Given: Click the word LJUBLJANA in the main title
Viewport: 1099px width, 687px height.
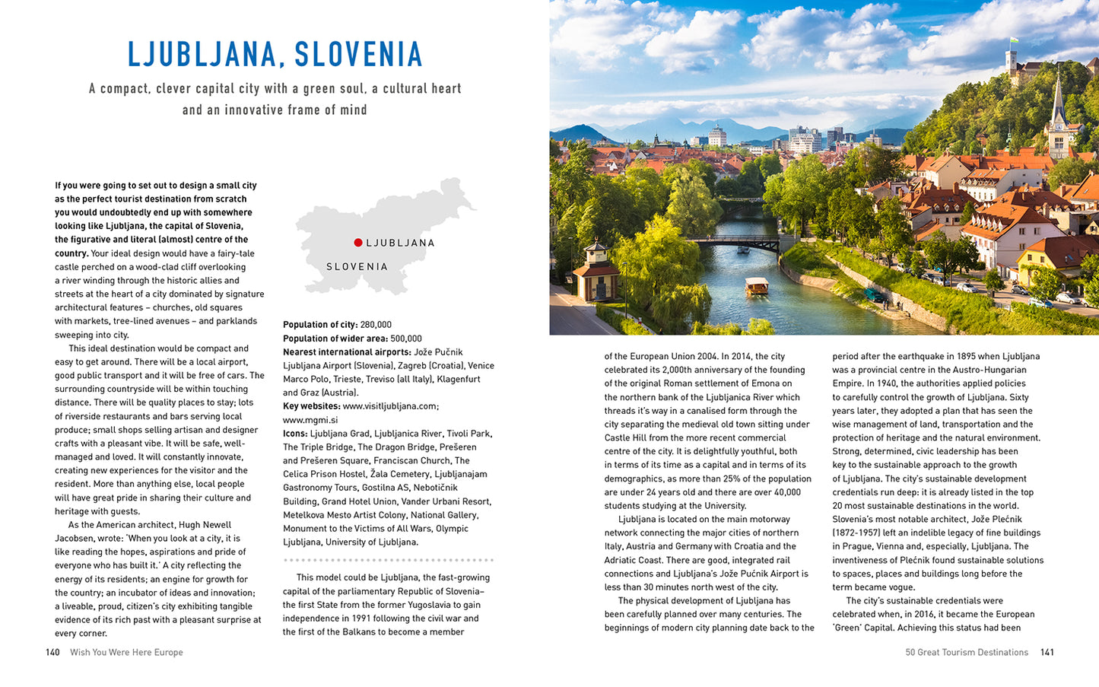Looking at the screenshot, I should coord(200,55).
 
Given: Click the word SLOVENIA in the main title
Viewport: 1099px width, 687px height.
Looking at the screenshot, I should coord(358,55).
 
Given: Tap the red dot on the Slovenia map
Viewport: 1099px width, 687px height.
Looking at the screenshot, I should coord(357,243).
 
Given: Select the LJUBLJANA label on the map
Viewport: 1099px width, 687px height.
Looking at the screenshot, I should coord(400,243).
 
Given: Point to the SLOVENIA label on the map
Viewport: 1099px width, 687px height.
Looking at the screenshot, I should coord(357,267).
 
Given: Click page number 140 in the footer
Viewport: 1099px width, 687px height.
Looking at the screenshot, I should coord(52,652).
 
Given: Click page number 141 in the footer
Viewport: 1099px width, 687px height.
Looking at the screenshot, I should coord(1047,652).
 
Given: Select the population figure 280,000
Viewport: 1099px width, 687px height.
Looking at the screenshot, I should coord(376,325).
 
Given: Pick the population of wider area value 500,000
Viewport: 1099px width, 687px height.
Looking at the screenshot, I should coord(406,339).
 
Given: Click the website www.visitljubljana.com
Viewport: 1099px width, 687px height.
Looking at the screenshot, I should coord(390,406).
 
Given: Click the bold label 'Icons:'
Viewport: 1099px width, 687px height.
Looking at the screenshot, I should coord(295,434).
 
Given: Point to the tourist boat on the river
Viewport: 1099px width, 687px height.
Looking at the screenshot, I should coord(756,286).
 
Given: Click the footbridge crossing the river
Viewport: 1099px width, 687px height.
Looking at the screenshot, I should coord(734,242).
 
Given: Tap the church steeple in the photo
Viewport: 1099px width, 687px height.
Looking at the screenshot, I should coord(1058,107).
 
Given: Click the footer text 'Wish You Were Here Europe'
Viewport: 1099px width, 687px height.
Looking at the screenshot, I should coord(126,652).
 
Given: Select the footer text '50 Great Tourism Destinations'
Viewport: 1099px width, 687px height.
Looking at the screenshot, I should coord(966,652).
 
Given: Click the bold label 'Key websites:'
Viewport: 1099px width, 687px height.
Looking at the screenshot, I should coord(311,406).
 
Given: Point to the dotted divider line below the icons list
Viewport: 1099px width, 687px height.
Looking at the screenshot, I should coord(388,560).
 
